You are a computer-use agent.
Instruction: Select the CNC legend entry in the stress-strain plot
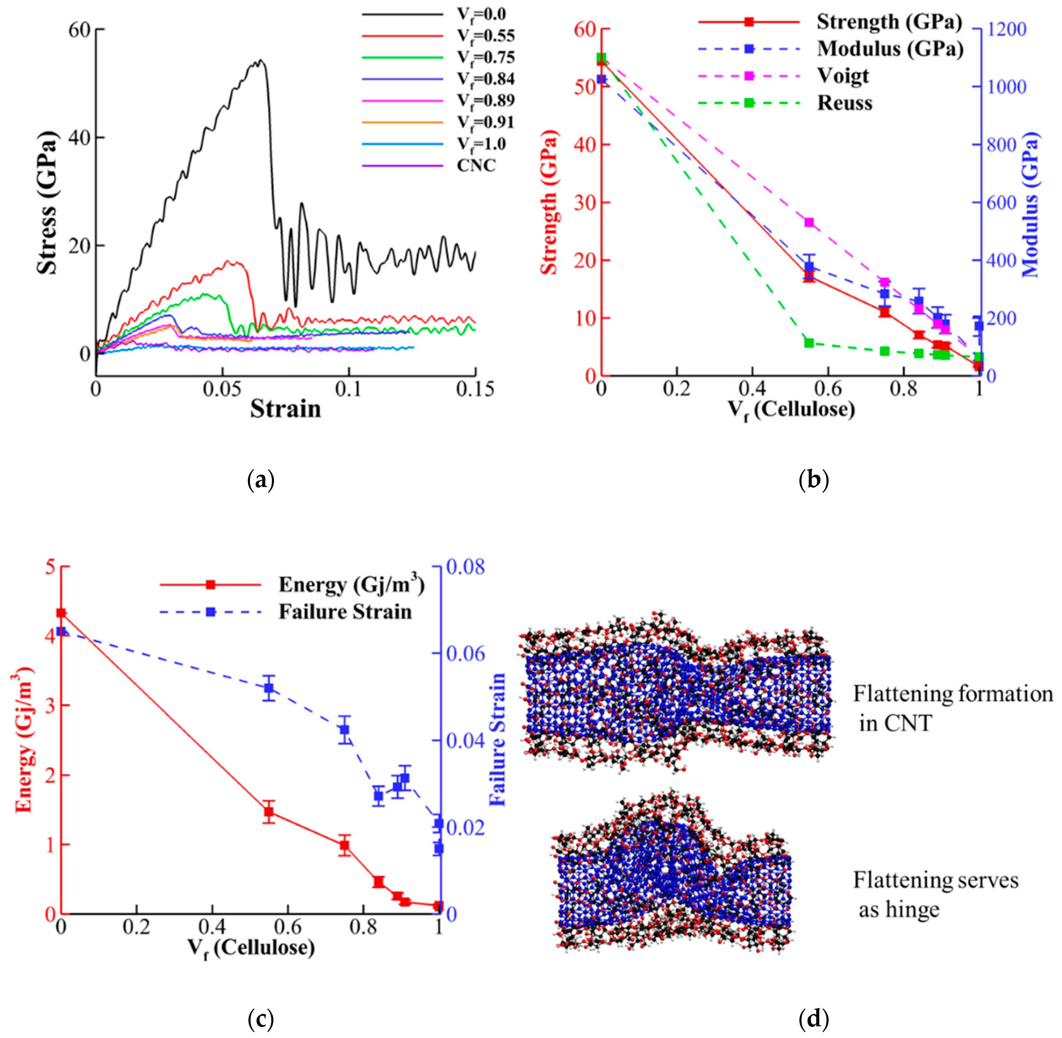[476, 165]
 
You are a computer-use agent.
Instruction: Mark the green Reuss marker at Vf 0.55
[809, 343]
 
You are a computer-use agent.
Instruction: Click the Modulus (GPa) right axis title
[1030, 204]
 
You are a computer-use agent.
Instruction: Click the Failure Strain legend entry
[345, 612]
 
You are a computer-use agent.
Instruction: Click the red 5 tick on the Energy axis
[50, 567]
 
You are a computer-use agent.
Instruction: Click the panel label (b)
[813, 480]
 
